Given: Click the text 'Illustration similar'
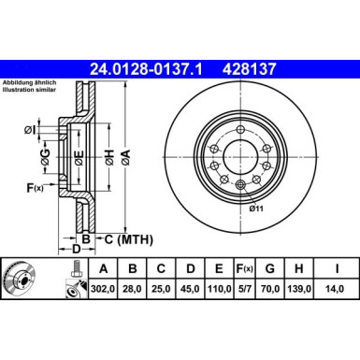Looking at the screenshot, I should (30, 92).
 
